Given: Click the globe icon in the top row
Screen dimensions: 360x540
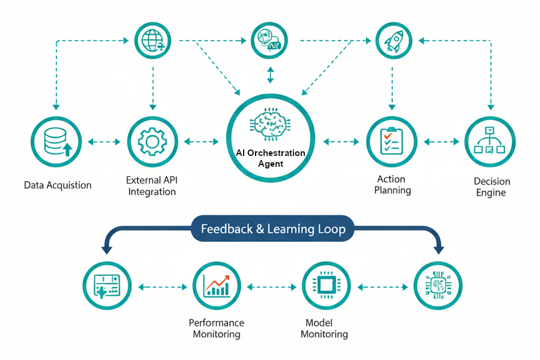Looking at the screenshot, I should pyautogui.click(x=152, y=41).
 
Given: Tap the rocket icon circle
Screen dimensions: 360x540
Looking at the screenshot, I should pyautogui.click(x=392, y=40).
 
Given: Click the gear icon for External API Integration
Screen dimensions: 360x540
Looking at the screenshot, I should pyautogui.click(x=152, y=142).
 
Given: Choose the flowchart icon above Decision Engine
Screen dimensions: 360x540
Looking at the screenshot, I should pyautogui.click(x=490, y=142).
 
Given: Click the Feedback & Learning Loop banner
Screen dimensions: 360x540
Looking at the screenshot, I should pyautogui.click(x=273, y=229).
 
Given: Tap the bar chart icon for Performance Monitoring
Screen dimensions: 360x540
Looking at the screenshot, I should pyautogui.click(x=217, y=286).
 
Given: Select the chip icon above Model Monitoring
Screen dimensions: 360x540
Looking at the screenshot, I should pyautogui.click(x=326, y=286).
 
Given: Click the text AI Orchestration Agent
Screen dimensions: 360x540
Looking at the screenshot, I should pyautogui.click(x=271, y=158).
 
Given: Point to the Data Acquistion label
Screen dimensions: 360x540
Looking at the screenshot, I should pyautogui.click(x=58, y=185).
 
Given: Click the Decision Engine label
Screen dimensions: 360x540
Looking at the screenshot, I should pyautogui.click(x=491, y=187).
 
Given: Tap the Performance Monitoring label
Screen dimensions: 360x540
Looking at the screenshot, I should pyautogui.click(x=217, y=328).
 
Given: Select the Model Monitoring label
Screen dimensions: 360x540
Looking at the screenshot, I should pyautogui.click(x=324, y=328).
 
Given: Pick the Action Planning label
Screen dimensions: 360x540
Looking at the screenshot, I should pyautogui.click(x=392, y=184).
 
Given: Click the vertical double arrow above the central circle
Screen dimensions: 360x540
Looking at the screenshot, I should pyautogui.click(x=270, y=74).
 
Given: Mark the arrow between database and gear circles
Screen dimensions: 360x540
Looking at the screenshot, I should pyautogui.click(x=104, y=142).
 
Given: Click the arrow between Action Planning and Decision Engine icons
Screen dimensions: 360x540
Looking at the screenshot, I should pyautogui.click(x=440, y=142).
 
